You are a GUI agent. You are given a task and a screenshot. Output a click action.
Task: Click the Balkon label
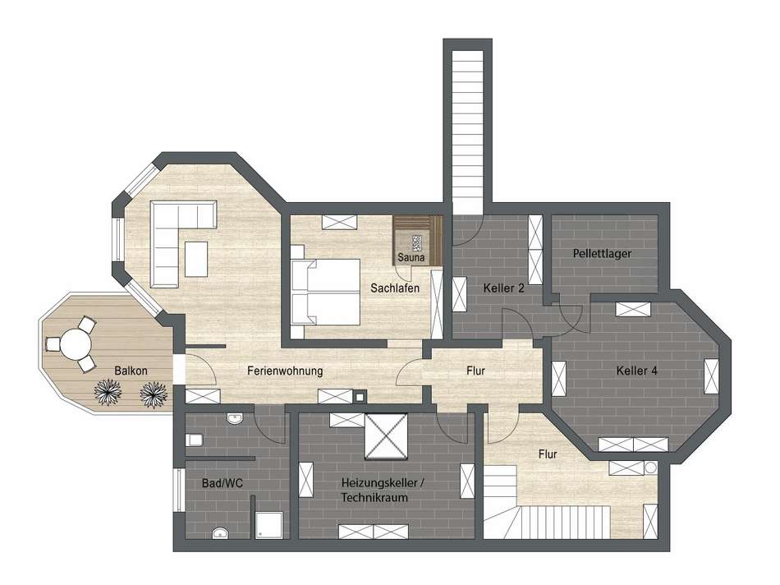click(x=131, y=371)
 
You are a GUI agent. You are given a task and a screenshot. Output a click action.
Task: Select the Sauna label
click(x=411, y=258)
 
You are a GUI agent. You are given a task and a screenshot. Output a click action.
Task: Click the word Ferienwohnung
click(x=285, y=371)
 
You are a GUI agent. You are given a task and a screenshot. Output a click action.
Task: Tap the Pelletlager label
click(x=602, y=254)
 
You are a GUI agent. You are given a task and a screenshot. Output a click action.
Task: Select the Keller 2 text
click(x=504, y=288)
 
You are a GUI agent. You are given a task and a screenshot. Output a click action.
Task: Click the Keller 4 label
click(x=636, y=371)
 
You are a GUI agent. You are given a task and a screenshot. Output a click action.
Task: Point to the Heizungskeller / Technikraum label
click(x=374, y=491)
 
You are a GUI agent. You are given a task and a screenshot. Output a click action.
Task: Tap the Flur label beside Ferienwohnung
click(x=476, y=371)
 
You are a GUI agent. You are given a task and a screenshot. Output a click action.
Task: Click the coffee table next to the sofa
click(x=196, y=257)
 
